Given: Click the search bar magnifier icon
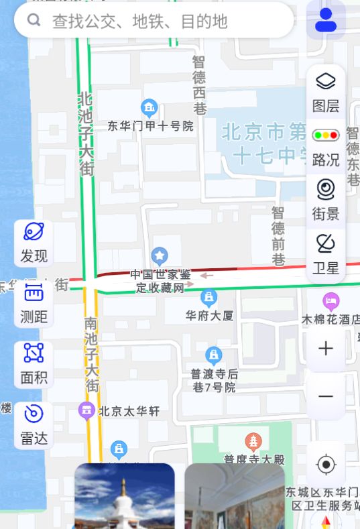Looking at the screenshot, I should pos(34,21).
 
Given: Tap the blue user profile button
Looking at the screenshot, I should pos(326,20).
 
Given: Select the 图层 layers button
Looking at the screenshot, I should pos(326,91).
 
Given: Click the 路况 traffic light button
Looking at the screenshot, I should pos(326,146).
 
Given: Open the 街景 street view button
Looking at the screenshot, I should pos(326,200).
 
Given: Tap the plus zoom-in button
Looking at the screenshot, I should pos(326,349).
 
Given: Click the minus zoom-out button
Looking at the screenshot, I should pos(326,396).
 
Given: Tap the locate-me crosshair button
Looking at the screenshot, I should pos(326,464).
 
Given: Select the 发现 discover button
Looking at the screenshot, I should pos(34,242).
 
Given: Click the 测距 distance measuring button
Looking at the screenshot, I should pos(34,303).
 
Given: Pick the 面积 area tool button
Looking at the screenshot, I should pos(34,364).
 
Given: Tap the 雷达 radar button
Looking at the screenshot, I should pos(34,425).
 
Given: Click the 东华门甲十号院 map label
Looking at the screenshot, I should pos(150,125).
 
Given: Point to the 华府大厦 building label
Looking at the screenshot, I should pos(209,314).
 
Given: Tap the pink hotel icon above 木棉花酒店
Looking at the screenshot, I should pos(330,300).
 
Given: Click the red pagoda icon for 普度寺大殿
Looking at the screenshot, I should pos(253,441).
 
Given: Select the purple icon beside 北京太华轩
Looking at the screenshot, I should pos(86,410).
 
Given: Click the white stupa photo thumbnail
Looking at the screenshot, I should pos(124,496).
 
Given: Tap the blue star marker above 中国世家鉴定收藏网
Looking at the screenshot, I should pos(159,255).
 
